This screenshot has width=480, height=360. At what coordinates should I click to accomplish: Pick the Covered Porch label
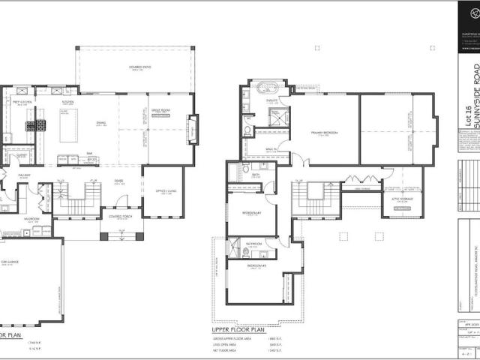(x=121, y=217)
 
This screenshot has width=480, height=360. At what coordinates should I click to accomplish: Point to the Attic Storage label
(x=402, y=199)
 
